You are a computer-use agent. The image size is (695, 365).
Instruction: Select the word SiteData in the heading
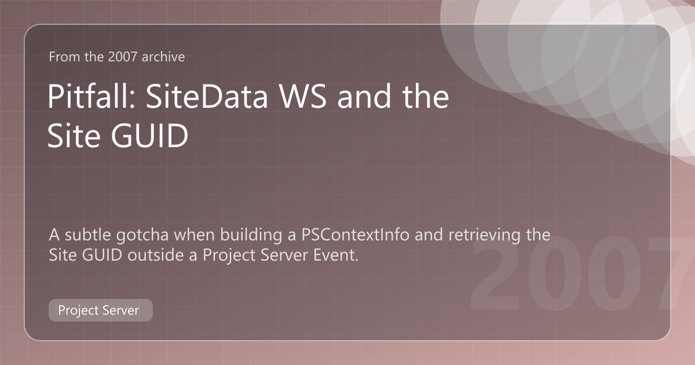coord(207,97)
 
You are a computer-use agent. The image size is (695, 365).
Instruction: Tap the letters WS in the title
coord(303,97)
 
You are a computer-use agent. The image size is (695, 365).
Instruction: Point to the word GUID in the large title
coord(149,136)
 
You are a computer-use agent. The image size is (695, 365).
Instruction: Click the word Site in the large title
coord(74,136)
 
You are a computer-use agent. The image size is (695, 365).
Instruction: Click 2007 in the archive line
coord(123,57)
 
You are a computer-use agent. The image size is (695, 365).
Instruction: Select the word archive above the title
coord(163,57)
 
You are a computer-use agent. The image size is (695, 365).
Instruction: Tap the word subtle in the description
coord(88,235)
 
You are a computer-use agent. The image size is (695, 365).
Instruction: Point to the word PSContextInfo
coord(355,235)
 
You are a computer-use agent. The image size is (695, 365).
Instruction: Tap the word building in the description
coord(251,235)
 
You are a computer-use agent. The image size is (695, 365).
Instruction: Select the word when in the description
coord(194,235)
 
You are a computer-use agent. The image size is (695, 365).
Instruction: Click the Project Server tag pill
coord(101,310)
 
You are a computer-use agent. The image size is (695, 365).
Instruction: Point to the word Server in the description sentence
coord(284,255)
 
